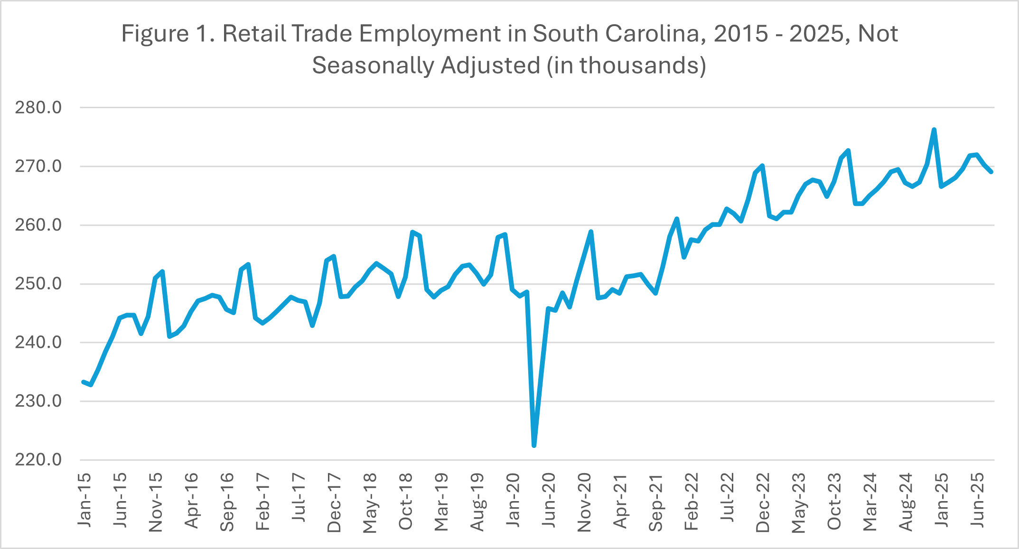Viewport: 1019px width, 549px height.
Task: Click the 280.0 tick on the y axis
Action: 38,108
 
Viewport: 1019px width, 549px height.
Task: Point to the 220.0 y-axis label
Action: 38,460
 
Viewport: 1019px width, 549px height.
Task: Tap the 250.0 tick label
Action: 38,284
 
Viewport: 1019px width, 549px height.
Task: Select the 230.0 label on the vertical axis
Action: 38,401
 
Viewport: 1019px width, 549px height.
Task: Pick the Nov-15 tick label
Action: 156,502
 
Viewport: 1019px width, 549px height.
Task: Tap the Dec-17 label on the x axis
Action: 334,502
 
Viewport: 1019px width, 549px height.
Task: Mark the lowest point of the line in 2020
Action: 534,446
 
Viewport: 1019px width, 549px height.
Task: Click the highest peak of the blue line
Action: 934,130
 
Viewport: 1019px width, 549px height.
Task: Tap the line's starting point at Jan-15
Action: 84,382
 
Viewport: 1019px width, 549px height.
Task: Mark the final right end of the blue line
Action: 991,172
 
